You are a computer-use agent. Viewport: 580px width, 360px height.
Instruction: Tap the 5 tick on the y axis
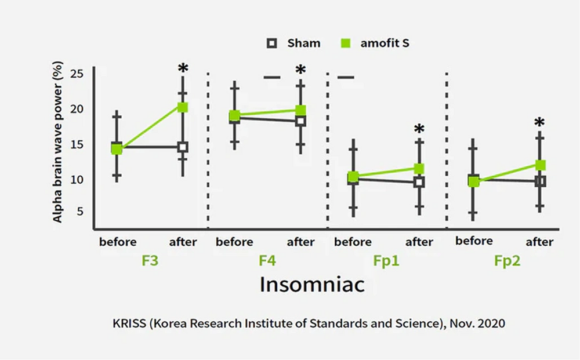point(80,212)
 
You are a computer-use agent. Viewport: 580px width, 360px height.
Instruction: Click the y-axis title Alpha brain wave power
point(58,144)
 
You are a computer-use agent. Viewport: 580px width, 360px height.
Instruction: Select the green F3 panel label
point(150,260)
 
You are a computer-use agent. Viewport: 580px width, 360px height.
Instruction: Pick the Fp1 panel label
point(386,261)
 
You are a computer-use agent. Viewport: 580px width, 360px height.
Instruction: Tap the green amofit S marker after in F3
point(183,107)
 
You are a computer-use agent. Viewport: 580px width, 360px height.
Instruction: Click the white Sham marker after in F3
point(183,147)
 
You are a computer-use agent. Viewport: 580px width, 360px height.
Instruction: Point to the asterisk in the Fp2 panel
point(539,123)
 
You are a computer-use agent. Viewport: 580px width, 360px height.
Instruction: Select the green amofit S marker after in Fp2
point(540,165)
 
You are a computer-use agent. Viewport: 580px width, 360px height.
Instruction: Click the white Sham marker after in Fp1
point(419,182)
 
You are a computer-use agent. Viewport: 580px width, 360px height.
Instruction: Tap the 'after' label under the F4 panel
point(300,242)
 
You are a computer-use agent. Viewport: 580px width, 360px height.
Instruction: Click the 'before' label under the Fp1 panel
point(353,242)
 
